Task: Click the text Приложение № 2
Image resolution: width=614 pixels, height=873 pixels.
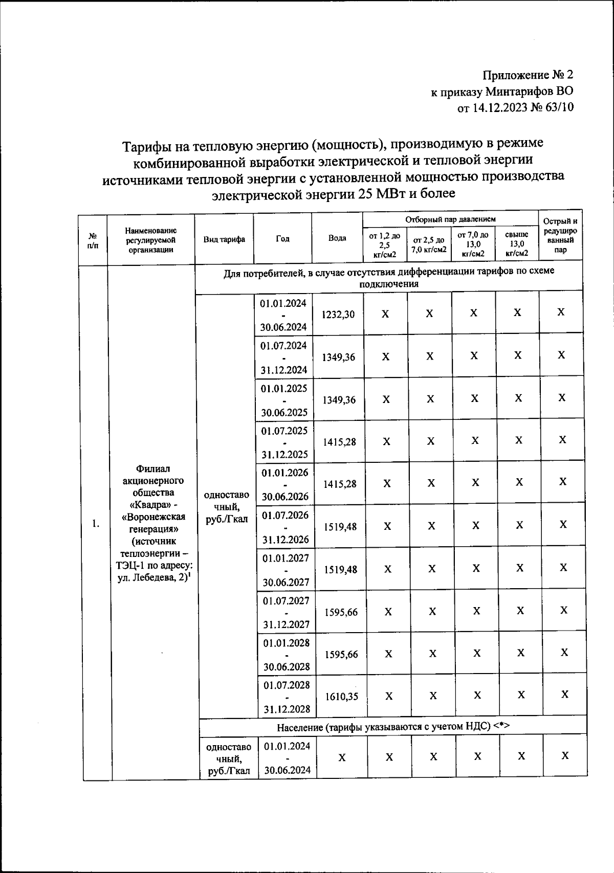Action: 528,75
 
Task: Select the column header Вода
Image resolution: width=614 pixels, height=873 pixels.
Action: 337,238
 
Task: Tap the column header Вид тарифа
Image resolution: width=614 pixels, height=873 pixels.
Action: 224,239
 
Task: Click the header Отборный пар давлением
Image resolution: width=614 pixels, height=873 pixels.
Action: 450,219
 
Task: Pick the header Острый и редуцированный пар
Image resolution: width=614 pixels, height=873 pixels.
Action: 560,236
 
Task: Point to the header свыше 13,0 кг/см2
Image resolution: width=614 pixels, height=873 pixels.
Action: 517,243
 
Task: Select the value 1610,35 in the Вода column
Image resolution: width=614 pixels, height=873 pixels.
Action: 341,696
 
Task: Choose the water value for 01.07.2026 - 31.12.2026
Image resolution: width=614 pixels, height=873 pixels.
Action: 340,526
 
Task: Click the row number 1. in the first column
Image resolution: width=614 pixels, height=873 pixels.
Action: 96,523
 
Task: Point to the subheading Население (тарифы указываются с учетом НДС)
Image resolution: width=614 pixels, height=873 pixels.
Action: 393,727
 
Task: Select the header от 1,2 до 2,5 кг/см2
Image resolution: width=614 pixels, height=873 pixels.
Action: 385,243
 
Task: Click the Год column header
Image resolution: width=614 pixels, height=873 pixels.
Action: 282,239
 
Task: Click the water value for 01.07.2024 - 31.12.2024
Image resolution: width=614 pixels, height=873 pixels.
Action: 338,357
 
